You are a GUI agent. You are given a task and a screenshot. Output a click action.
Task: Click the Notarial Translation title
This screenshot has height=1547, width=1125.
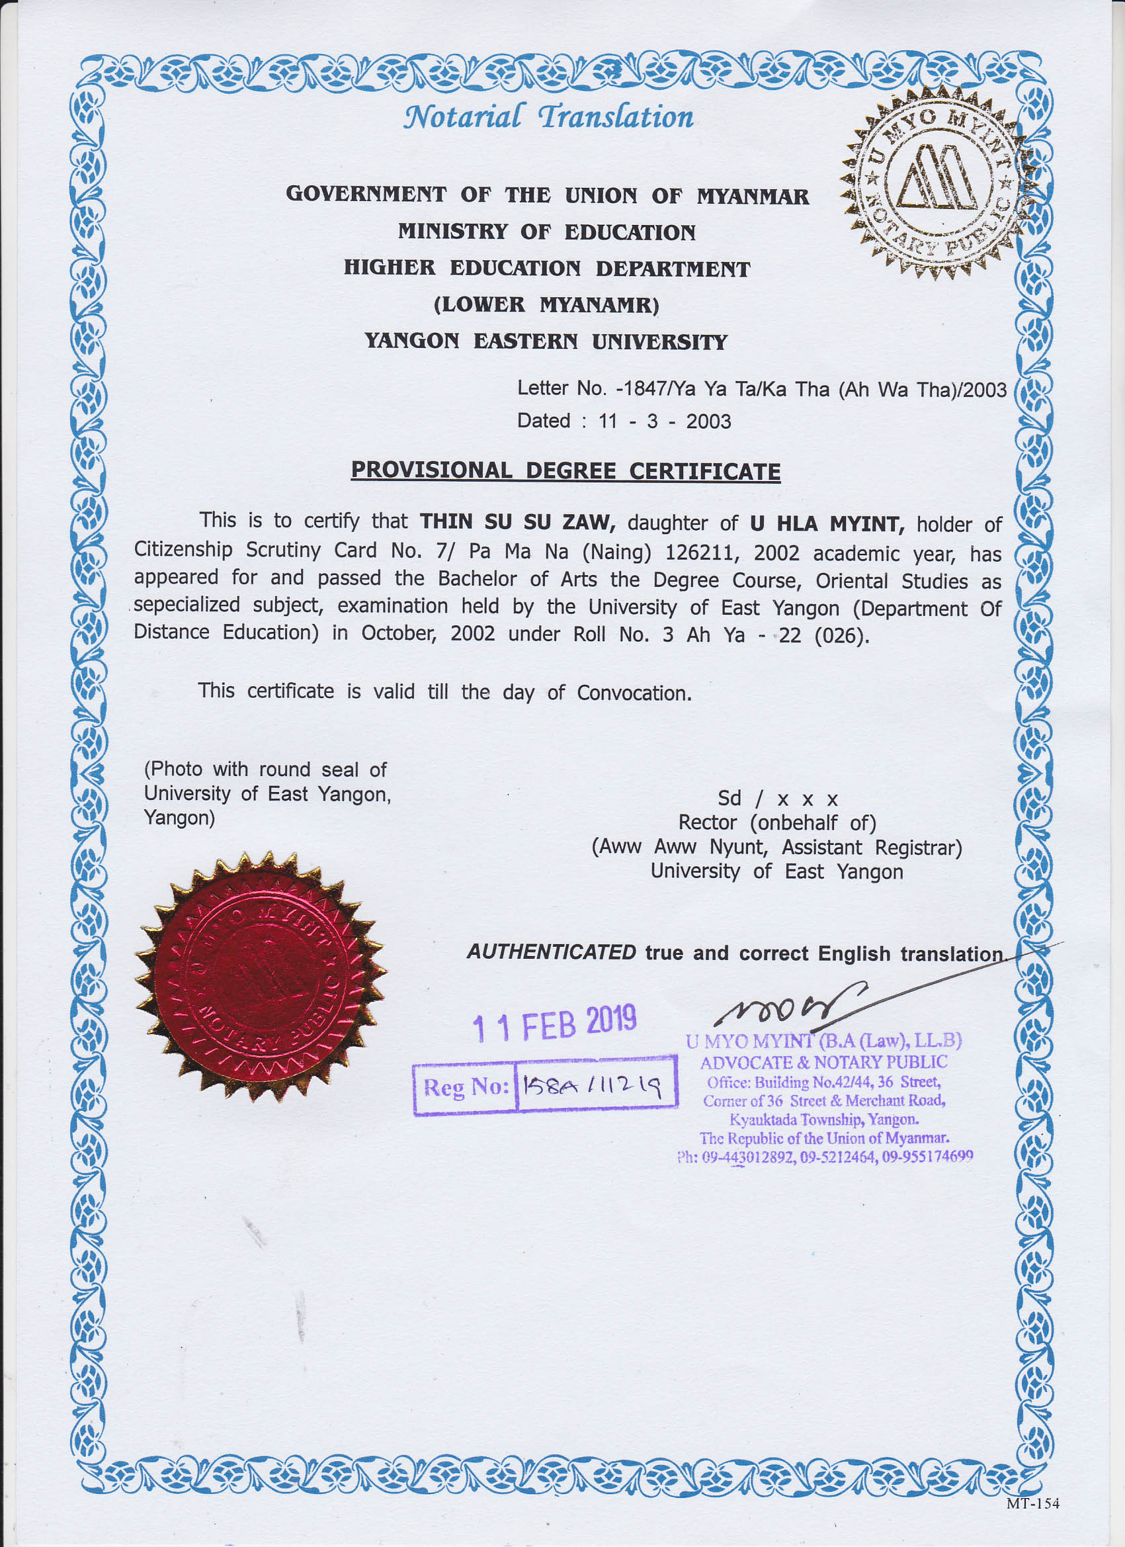click(548, 116)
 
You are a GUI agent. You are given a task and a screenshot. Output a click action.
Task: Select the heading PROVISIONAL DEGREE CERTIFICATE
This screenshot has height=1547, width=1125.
click(565, 471)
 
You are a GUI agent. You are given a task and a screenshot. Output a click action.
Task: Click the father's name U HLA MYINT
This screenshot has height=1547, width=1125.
click(826, 524)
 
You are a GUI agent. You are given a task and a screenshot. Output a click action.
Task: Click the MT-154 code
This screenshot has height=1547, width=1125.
click(1032, 1503)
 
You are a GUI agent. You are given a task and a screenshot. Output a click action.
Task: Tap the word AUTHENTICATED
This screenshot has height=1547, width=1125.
click(551, 952)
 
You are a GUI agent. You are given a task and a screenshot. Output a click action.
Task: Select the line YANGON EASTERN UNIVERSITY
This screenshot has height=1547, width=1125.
click(546, 341)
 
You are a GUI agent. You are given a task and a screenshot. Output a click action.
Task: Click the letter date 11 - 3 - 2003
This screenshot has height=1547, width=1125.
click(664, 421)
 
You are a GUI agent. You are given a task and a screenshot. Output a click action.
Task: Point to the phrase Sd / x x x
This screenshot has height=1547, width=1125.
click(777, 799)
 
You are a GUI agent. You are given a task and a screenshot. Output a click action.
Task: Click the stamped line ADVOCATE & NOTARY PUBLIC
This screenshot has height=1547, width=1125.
click(823, 1062)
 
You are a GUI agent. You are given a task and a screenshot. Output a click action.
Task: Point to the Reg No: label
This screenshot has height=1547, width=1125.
click(466, 1086)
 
